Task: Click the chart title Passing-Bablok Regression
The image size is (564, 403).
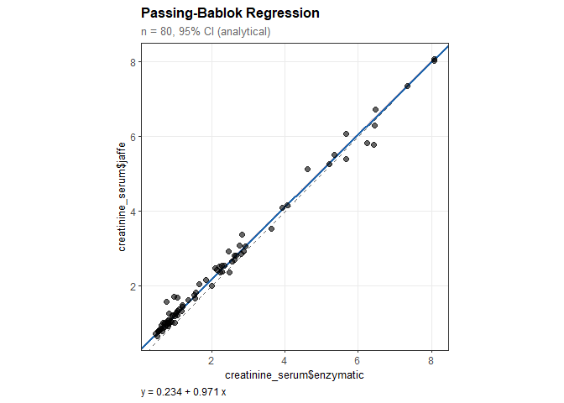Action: (231, 14)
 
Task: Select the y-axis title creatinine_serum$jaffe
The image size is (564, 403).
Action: (122, 197)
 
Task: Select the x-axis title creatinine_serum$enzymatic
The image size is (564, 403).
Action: (295, 375)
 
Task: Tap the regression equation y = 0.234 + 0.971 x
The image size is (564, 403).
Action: (185, 392)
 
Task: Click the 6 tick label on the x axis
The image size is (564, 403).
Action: (358, 361)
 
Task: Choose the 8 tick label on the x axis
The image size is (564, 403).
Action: (431, 361)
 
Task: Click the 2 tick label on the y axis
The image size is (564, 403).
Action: (133, 286)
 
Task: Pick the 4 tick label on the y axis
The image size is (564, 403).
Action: (133, 212)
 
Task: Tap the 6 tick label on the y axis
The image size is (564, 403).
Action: (133, 137)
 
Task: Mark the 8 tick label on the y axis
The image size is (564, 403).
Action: (133, 62)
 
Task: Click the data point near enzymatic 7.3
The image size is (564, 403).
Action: (407, 86)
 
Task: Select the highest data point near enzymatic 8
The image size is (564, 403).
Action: (434, 59)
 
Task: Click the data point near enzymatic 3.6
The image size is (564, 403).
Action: (271, 228)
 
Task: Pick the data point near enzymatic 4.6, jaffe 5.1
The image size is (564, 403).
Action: (307, 169)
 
